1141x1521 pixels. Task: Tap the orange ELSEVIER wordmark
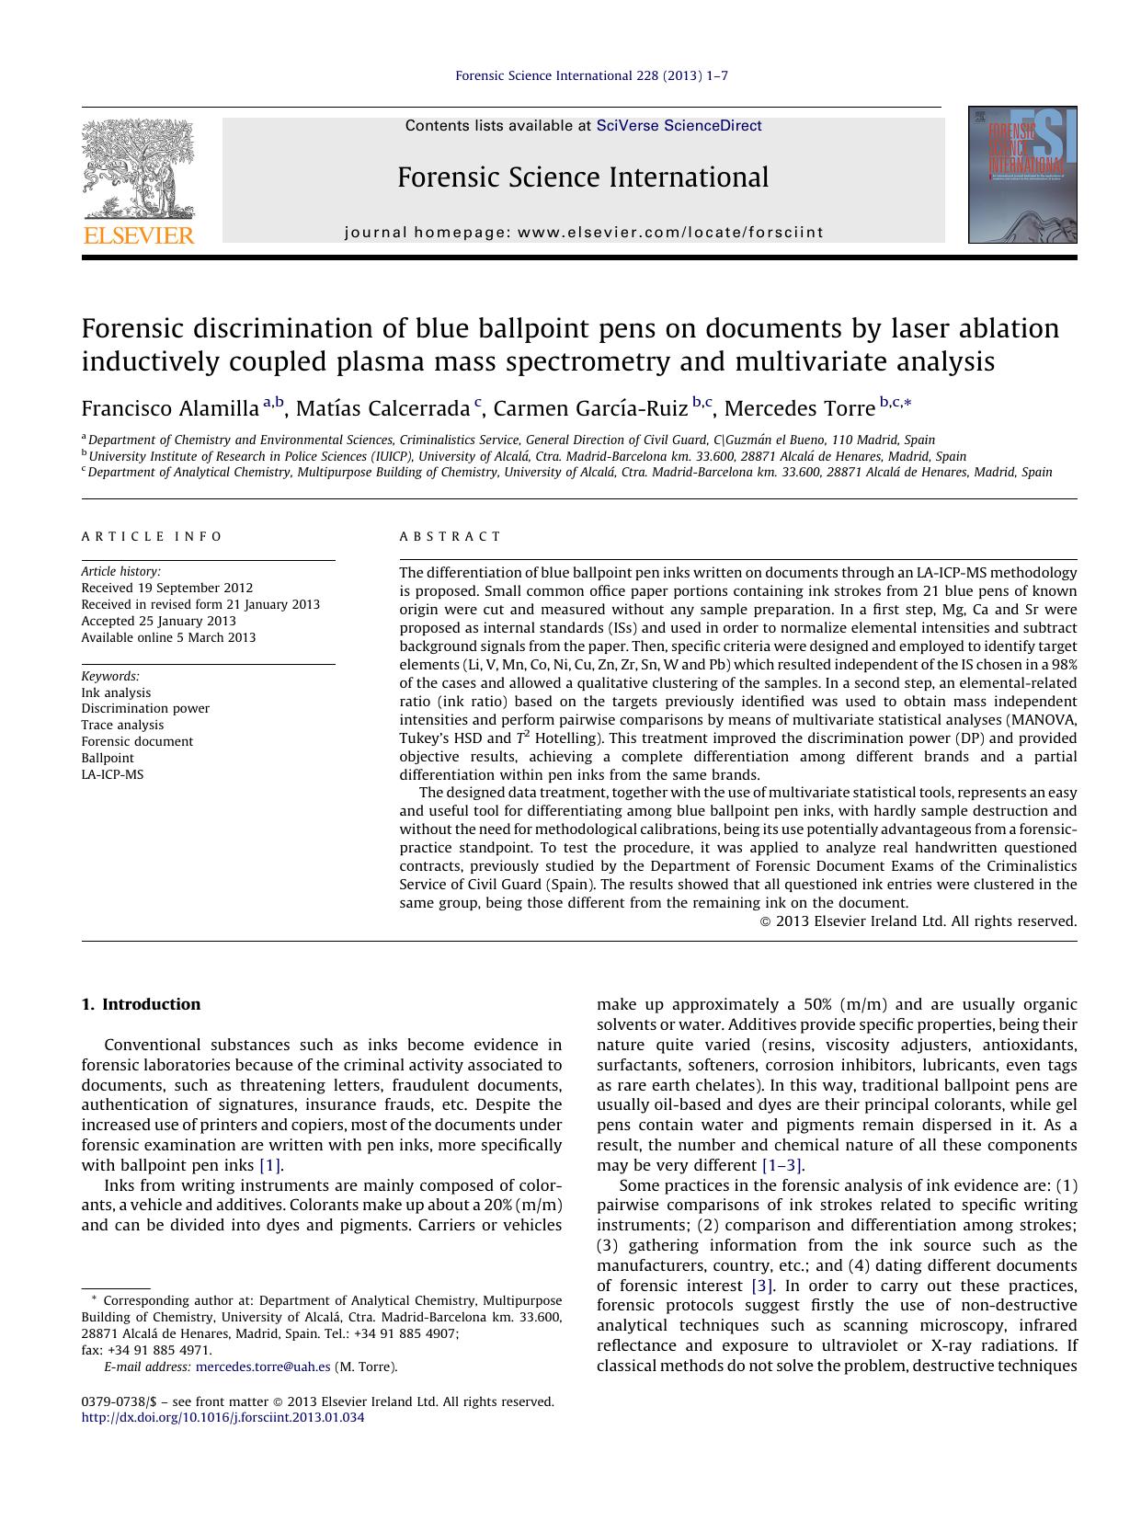point(139,235)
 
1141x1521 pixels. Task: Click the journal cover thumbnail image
point(1021,175)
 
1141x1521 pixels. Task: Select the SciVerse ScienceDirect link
point(679,126)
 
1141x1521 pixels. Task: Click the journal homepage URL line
point(584,233)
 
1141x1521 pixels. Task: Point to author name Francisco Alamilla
point(170,408)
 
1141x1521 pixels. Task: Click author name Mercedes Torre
point(799,408)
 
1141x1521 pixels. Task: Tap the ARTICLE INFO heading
point(152,536)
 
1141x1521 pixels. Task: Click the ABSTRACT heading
point(451,536)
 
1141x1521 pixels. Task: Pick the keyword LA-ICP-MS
point(112,774)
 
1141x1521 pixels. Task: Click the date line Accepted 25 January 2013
point(158,621)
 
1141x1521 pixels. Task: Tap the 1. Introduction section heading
point(141,1004)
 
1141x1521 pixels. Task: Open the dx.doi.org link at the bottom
point(222,1417)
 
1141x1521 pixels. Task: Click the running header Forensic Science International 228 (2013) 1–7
point(591,75)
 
